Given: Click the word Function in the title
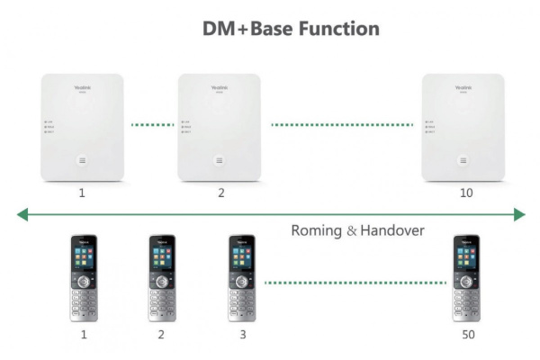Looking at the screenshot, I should [x=329, y=28].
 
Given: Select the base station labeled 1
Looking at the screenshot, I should [x=82, y=128].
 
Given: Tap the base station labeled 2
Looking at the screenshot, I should [x=220, y=128].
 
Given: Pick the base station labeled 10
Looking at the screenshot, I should [x=464, y=128].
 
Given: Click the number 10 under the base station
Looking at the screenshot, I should [x=465, y=193].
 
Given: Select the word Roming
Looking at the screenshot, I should [x=316, y=230].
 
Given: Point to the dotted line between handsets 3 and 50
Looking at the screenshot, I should [x=355, y=283].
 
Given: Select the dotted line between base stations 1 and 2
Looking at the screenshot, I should [x=151, y=124].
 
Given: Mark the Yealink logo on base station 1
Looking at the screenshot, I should [x=82, y=87].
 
